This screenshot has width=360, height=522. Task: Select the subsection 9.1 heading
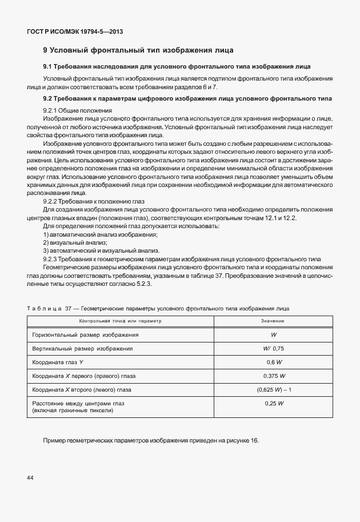tap(177, 66)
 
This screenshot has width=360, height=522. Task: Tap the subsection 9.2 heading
tap(187, 99)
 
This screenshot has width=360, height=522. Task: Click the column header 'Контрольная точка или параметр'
tap(121, 321)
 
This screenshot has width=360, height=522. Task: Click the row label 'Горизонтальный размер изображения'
tap(86, 334)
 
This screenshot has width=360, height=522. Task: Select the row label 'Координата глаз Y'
tap(58, 362)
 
